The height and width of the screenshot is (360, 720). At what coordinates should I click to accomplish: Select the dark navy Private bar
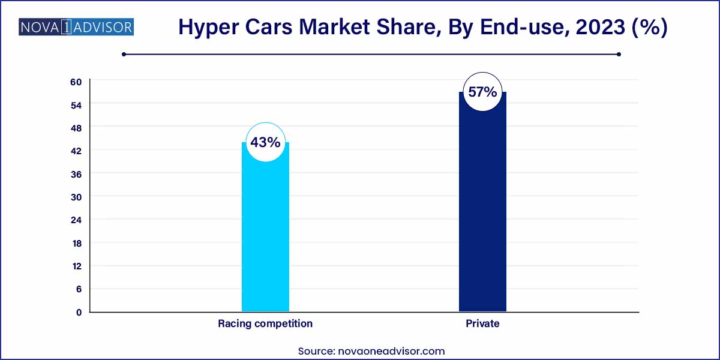[482, 210]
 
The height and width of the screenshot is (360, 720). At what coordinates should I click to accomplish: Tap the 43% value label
[265, 143]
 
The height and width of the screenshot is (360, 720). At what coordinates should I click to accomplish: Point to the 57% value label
[482, 92]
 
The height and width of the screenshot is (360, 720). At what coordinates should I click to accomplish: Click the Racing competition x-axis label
[265, 323]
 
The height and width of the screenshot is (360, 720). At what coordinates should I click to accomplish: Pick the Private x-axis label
[482, 323]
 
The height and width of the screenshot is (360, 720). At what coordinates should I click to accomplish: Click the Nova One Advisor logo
[76, 27]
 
